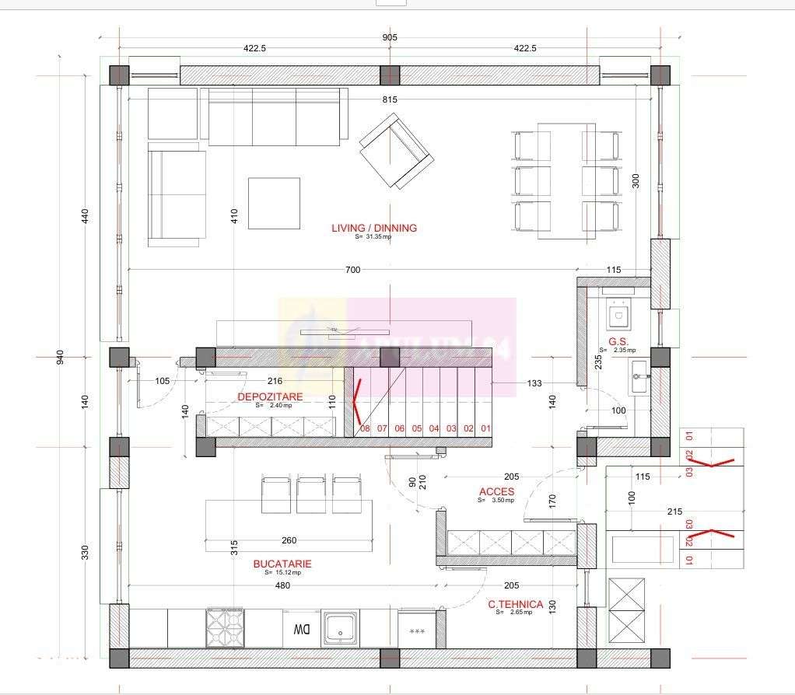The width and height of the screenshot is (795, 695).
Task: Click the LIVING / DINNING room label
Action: pos(374,228)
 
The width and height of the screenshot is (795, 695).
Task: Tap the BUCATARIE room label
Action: pos(282,564)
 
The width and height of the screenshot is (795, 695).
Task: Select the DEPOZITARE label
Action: pos(270,396)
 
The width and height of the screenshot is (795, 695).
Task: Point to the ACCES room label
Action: pos(496,491)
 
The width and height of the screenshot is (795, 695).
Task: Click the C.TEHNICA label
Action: pos(516,604)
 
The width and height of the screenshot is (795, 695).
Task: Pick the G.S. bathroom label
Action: pos(618,341)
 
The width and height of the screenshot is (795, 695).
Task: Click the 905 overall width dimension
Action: pos(390,37)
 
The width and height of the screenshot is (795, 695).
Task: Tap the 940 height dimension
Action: pos(60,357)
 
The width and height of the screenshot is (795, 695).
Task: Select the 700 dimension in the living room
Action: pos(352,270)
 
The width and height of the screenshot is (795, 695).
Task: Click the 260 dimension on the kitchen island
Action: pos(289,540)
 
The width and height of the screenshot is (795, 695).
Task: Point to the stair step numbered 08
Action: pos(365,428)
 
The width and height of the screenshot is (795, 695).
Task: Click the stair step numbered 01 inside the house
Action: pos(486,428)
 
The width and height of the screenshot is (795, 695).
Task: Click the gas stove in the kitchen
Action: pos(225,627)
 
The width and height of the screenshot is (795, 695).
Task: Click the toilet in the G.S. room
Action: pos(620,314)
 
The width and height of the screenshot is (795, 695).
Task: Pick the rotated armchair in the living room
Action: pos(395,152)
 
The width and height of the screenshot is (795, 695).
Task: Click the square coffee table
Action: pos(274,203)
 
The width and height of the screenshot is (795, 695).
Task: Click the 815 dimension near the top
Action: pos(390,100)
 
